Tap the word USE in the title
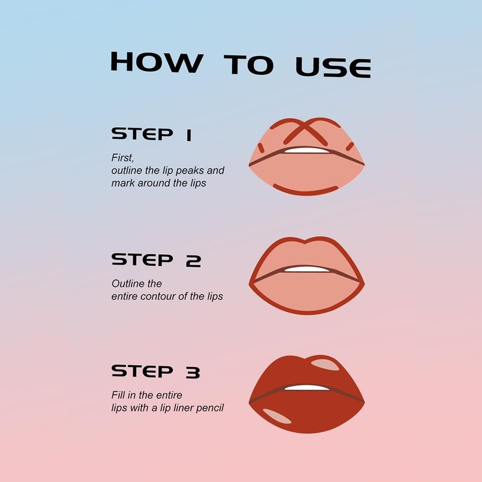pyautogui.click(x=333, y=67)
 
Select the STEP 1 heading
pyautogui.click(x=152, y=134)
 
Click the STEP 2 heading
pyautogui.click(x=156, y=260)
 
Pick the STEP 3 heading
pyautogui.click(x=156, y=372)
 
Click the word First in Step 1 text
pyautogui.click(x=123, y=158)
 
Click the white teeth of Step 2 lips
pyautogui.click(x=307, y=269)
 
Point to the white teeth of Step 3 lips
pyautogui.click(x=307, y=387)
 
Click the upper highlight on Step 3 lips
pyautogui.click(x=325, y=365)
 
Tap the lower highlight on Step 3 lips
pyautogui.click(x=277, y=416)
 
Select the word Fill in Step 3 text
pyautogui.click(x=118, y=395)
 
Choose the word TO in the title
pyautogui.click(x=249, y=64)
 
